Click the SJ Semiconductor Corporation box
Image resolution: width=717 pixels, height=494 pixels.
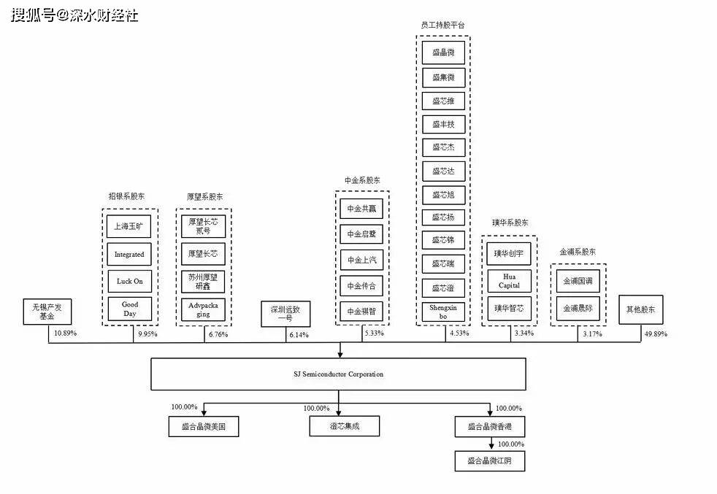(x=338, y=374)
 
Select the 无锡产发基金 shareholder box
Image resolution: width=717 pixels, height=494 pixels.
(x=47, y=312)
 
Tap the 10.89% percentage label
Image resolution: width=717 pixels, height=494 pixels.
(x=65, y=333)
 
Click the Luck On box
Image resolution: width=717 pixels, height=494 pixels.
(x=130, y=282)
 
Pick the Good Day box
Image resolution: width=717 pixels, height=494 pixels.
(x=130, y=309)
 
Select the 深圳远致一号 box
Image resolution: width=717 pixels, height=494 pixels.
(x=285, y=314)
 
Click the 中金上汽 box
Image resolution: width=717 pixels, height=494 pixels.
(x=362, y=260)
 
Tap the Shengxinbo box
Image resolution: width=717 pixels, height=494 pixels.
(x=443, y=312)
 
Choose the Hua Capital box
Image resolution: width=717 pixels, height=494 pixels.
(x=509, y=281)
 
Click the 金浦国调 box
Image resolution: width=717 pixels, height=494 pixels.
(x=578, y=281)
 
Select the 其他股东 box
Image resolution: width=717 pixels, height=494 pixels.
(x=640, y=309)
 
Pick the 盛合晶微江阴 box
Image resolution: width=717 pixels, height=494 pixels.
(x=489, y=460)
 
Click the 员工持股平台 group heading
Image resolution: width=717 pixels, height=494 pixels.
(x=443, y=26)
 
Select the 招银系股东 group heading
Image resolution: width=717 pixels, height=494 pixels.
(x=127, y=196)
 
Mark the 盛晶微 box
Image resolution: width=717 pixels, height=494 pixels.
(x=443, y=53)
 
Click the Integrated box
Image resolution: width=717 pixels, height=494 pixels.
(x=130, y=254)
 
